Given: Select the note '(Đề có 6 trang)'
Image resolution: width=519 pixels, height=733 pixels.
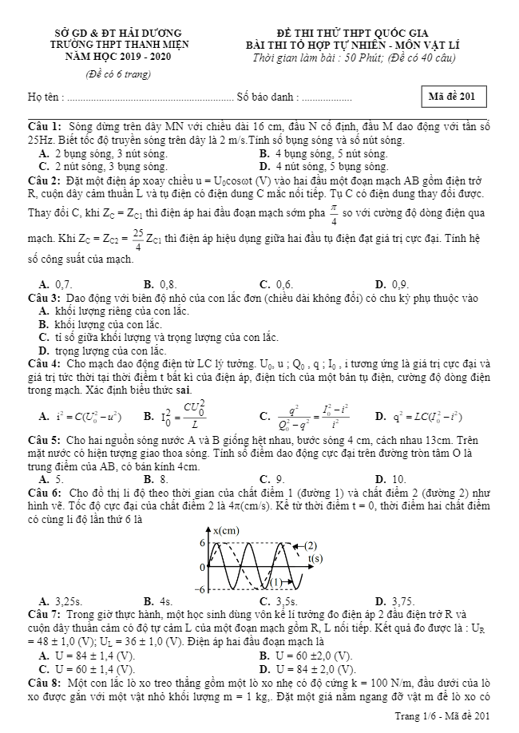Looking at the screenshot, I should click(118, 74).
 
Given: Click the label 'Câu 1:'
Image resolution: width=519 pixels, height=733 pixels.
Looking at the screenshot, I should click(45, 127).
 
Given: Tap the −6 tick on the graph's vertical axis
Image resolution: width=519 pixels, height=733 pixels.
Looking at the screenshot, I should click(202, 589).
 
